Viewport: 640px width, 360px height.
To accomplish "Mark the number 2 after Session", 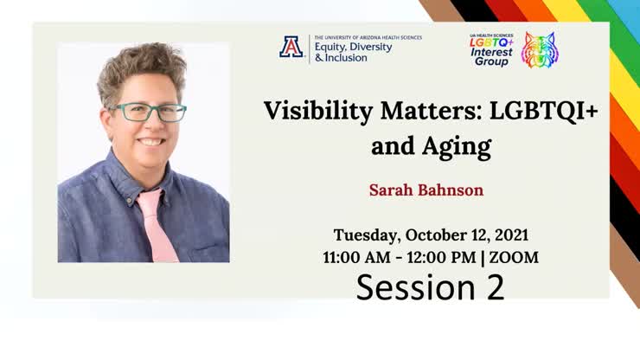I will pyautogui.click(x=495, y=287).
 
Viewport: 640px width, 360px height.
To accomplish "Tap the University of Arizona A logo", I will pyautogui.click(x=291, y=47).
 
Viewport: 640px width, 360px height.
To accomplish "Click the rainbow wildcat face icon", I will pyautogui.click(x=539, y=50).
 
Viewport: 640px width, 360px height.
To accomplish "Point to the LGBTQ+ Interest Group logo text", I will pyautogui.click(x=491, y=50).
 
